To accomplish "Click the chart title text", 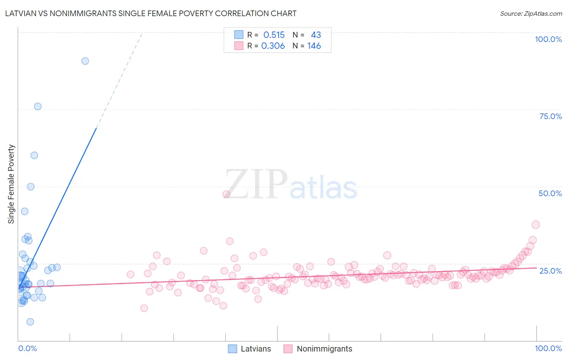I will coord(151,13).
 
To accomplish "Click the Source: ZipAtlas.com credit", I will coord(531,13).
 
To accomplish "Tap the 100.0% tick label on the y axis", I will coord(548,39).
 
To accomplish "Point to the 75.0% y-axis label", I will coord(550,116).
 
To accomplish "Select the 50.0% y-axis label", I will coord(550,193).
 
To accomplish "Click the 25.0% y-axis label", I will coord(550,271).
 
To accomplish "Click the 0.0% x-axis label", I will coord(27,348).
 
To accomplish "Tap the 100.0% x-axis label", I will coord(548,348).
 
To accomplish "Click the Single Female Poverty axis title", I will coord(11,184).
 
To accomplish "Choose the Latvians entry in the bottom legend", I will coord(256,349).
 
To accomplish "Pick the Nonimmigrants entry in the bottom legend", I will coord(324,349).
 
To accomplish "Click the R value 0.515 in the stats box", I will coord(274,35).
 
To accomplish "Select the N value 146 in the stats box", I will coord(314,46).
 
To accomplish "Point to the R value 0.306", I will coord(273,46).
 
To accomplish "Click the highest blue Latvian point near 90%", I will coord(85,61).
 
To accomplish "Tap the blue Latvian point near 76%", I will coord(38,107).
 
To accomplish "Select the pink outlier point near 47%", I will coord(226,194).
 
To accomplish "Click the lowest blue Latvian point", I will coord(30,322).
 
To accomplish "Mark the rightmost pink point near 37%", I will coord(536,224).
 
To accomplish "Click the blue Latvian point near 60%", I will coord(34,155).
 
